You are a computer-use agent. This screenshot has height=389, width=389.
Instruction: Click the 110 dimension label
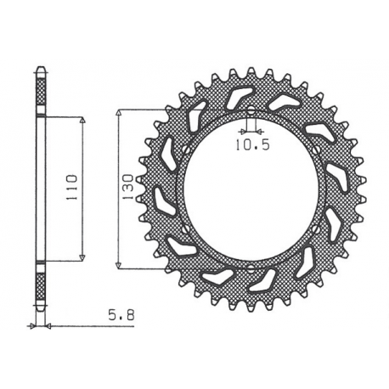pos(72,185)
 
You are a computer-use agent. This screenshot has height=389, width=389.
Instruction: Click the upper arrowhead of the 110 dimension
pos(82,122)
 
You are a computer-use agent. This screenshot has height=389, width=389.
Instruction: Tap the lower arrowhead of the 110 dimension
pos(82,255)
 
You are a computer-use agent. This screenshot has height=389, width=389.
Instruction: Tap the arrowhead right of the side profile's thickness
pos(48,325)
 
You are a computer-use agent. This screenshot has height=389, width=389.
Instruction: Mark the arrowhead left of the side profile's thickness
pos(32,325)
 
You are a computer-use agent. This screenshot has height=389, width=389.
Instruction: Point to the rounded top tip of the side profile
pos(40,67)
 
